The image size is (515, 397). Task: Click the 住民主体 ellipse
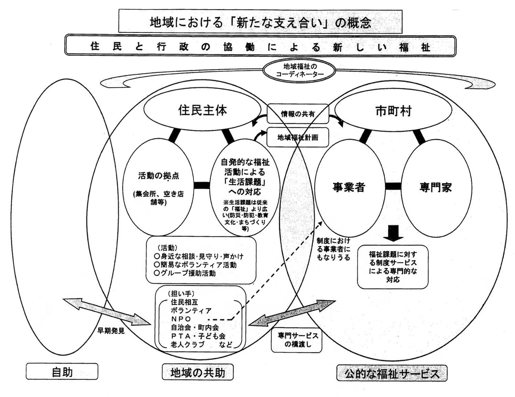(202, 110)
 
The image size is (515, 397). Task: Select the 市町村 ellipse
(393, 111)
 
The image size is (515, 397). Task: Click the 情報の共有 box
(298, 114)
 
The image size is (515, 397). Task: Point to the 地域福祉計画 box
(298, 138)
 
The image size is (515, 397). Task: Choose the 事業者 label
(348, 187)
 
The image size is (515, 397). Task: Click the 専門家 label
(435, 187)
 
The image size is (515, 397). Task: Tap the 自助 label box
(62, 372)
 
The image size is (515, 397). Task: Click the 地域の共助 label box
(198, 373)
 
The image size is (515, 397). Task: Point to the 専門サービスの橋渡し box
(297, 340)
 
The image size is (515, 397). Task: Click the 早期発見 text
(111, 331)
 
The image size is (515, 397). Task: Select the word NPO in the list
(181, 319)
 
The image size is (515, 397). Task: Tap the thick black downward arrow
(393, 233)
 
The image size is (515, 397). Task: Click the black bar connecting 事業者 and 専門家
(393, 186)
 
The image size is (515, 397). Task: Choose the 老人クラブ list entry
(187, 344)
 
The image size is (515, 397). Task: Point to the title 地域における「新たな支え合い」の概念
(260, 22)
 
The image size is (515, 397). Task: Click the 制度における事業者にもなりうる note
(333, 249)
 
